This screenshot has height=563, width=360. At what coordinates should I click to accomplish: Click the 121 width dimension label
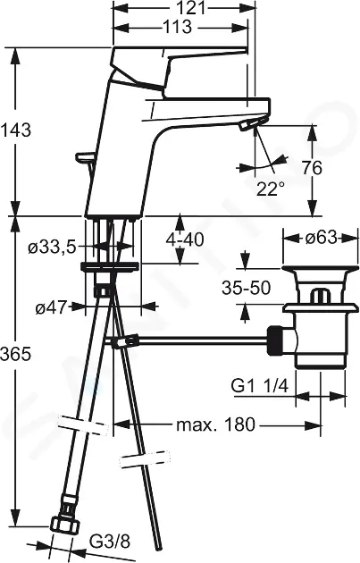[192, 7]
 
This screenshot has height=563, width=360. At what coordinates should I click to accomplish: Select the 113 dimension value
[177, 28]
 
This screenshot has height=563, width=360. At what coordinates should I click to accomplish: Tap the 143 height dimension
[15, 130]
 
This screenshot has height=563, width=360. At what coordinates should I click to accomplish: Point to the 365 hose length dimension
[15, 355]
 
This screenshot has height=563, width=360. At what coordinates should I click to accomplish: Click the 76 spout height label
[312, 168]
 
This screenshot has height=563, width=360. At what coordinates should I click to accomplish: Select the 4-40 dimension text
[185, 239]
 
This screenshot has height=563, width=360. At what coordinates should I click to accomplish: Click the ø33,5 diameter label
[52, 248]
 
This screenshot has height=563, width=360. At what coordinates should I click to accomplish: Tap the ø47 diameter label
[51, 307]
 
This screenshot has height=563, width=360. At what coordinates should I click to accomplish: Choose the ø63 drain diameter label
[322, 238]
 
